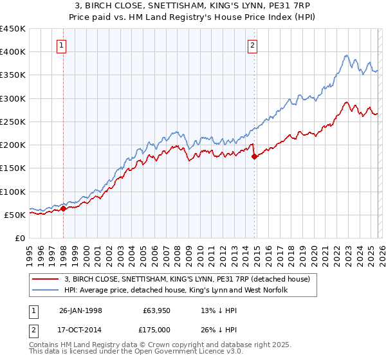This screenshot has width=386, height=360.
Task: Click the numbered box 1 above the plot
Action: pos(62,45)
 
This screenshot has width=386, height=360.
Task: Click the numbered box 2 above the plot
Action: pos(252,45)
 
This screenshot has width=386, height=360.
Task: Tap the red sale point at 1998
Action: pos(64,208)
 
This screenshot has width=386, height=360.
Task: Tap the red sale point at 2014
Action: pos(254,156)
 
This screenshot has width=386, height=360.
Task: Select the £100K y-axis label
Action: pos(13,192)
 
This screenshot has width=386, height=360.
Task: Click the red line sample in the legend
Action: pos(46,280)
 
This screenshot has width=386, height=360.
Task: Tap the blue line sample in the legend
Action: pos(46,291)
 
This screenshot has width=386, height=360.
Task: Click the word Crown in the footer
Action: pos(157,345)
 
